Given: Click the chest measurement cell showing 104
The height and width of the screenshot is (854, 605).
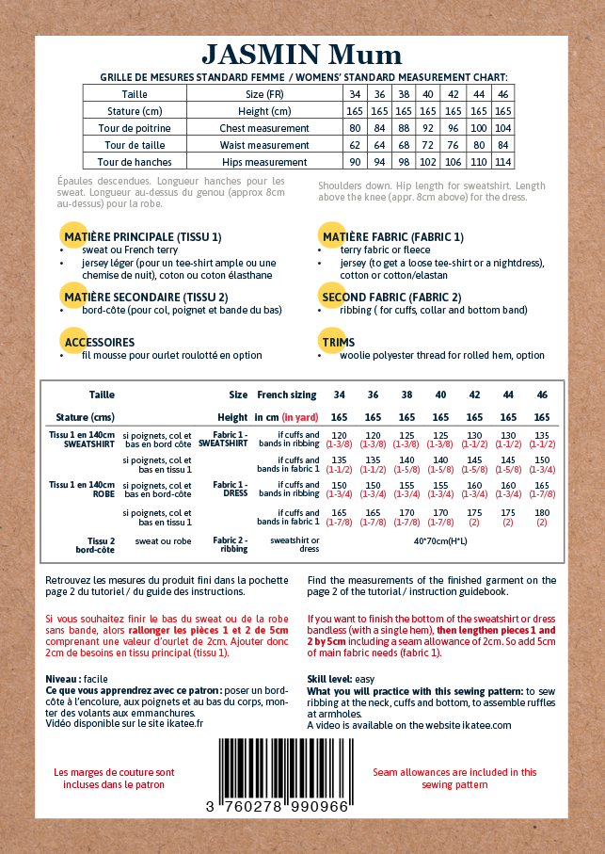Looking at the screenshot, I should [x=502, y=128].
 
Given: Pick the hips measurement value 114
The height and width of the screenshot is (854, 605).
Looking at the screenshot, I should [x=502, y=162].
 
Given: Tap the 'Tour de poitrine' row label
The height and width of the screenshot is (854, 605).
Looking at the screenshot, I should [x=135, y=128].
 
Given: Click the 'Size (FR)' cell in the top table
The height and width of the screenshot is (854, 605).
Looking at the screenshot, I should [x=264, y=94].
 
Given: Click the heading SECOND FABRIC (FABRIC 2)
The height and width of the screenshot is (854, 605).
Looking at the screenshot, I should [x=391, y=298].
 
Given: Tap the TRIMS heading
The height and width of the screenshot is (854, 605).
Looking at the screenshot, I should [x=338, y=343].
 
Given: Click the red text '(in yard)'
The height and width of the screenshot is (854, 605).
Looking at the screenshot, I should [x=300, y=417].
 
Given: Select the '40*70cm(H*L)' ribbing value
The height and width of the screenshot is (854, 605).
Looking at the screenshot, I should [x=440, y=541].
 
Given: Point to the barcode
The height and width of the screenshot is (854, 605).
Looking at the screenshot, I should [x=278, y=767].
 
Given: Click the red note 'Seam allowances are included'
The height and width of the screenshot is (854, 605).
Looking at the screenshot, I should [x=454, y=778].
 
